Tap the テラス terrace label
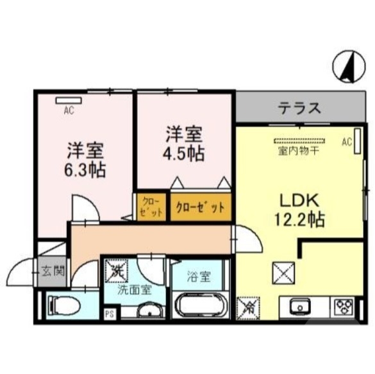click(x=299, y=107)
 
